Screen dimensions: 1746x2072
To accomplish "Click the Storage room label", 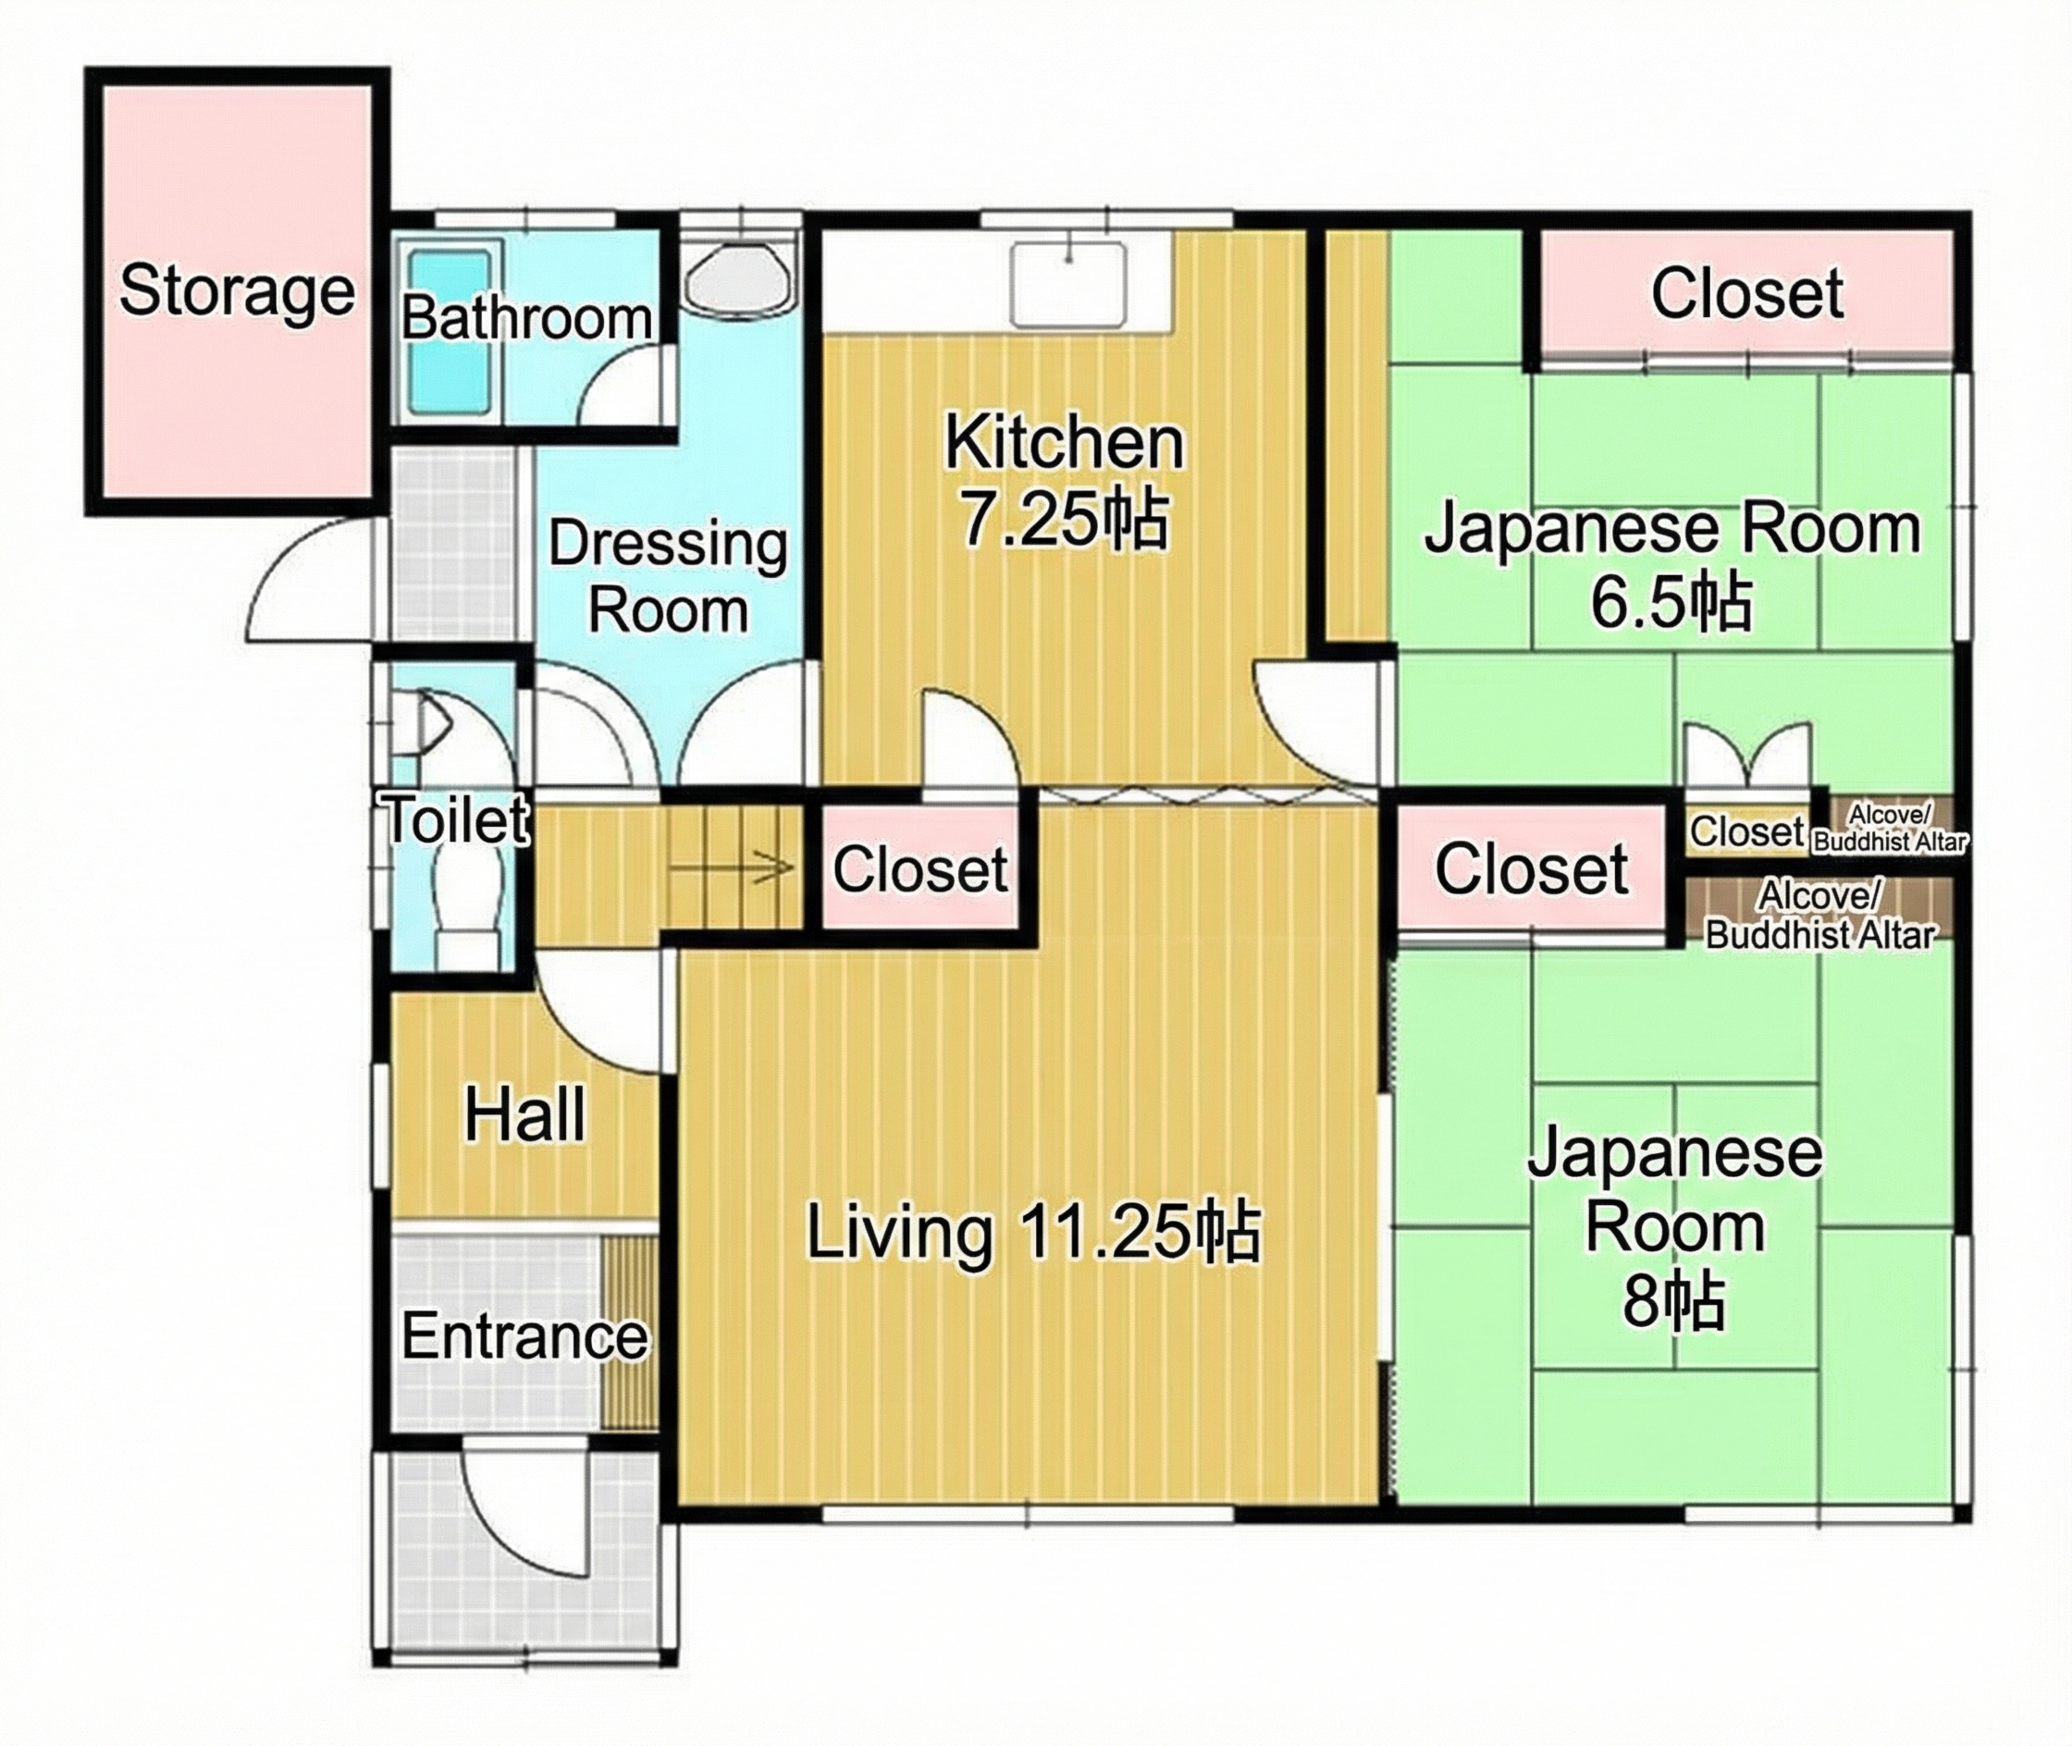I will coord(237,291).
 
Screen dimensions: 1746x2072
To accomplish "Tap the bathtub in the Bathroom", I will coord(450,333).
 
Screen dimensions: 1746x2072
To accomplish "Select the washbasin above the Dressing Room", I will coord(738,277).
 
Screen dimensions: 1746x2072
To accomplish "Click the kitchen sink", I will coord(1068,283).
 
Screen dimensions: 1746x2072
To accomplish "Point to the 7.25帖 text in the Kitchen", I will coord(1065,519).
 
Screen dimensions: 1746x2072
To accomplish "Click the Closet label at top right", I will coord(1746,293).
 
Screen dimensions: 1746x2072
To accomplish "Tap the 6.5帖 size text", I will coord(1671,601).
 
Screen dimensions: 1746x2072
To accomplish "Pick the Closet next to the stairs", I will coord(919,869).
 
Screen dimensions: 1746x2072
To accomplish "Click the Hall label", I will coord(524,1114).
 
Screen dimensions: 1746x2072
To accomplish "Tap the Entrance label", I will coord(524,1336).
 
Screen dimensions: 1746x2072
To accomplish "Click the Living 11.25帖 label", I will coord(1032,1233).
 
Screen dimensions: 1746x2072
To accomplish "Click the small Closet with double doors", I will coord(1746,831).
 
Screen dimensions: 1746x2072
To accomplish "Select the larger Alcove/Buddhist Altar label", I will coord(1819,916).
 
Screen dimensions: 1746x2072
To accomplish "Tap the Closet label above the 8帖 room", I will coord(1531,869).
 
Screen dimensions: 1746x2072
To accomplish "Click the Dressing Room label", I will coord(668,577).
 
